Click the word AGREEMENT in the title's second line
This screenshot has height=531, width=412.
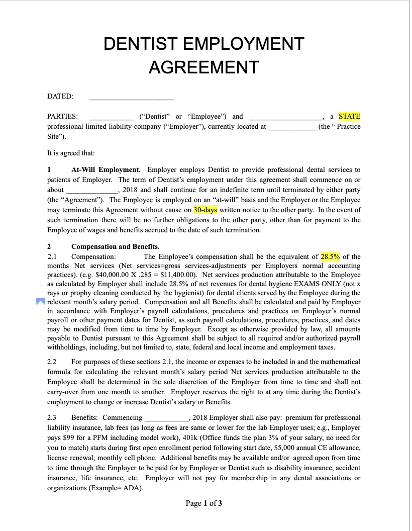click(203, 67)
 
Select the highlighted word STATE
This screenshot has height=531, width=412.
click(349, 116)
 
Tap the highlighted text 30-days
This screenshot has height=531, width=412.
click(205, 210)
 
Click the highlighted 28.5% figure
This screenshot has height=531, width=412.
click(330, 256)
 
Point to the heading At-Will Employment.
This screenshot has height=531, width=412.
click(106, 169)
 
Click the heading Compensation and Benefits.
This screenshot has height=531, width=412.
click(115, 246)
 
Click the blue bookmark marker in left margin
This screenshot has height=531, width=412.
click(40, 302)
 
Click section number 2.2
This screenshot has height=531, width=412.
click(52, 362)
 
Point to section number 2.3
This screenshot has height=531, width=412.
click(52, 417)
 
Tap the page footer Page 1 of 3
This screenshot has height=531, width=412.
click(204, 503)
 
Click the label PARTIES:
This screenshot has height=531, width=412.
click(62, 116)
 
